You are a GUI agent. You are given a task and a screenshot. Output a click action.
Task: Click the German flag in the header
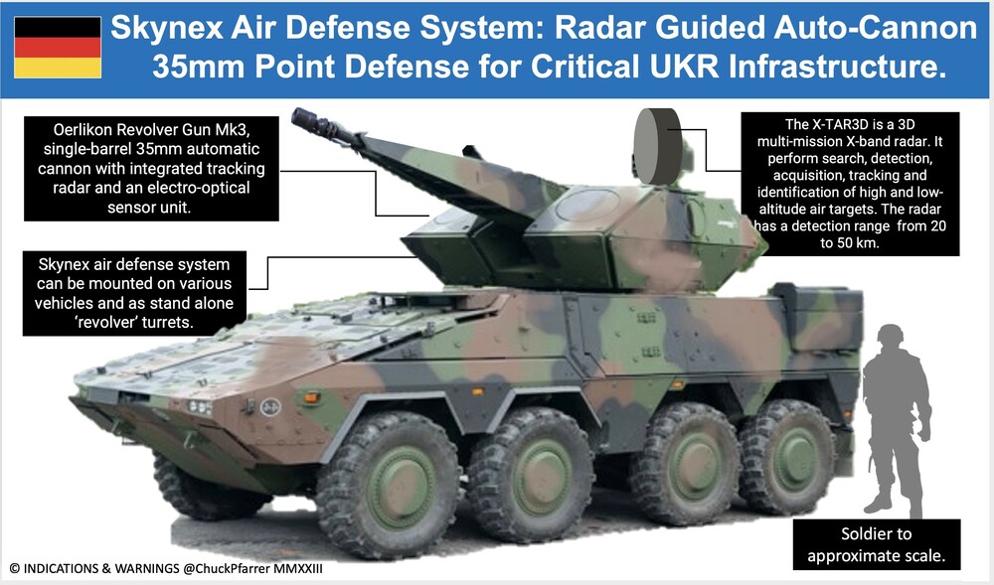[x=58, y=48]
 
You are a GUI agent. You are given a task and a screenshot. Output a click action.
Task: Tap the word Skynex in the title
[x=167, y=29]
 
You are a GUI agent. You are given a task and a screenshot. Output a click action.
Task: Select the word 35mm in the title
[x=198, y=67]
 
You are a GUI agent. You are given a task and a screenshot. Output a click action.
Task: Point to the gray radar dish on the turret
[x=657, y=146]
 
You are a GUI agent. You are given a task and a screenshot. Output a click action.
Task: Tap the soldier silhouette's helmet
[x=891, y=335]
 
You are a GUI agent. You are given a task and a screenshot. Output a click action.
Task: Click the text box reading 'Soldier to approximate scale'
[x=877, y=544]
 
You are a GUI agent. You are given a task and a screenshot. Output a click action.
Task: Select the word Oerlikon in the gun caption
[x=83, y=130]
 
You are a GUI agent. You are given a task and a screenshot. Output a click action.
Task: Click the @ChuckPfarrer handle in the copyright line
[x=228, y=568]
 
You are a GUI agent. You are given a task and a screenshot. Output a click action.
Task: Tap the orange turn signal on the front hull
[x=311, y=397]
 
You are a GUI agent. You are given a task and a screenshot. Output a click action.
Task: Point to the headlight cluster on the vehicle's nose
[x=199, y=407]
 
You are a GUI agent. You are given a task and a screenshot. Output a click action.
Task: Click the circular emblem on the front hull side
[x=270, y=407]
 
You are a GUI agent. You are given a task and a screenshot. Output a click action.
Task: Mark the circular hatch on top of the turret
[x=585, y=205]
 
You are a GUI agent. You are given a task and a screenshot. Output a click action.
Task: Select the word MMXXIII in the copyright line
[x=298, y=568]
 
